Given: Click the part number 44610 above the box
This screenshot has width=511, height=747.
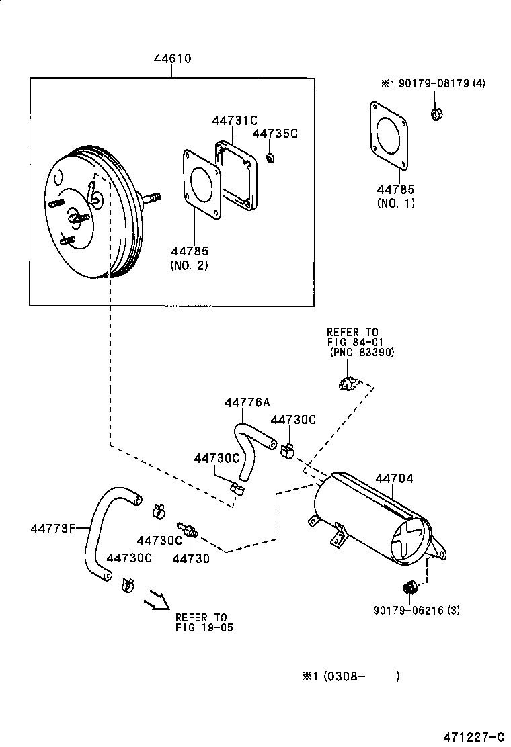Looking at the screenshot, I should [173, 59].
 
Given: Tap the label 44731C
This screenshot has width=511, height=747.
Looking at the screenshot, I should [235, 120].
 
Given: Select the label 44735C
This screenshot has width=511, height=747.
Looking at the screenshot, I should [274, 134].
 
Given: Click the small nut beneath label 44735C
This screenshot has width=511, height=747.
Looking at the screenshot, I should [270, 159].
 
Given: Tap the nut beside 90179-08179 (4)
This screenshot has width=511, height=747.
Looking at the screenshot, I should [435, 114].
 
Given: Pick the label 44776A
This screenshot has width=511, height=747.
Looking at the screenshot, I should [247, 402].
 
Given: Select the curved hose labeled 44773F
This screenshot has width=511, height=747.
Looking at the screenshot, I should [101, 531].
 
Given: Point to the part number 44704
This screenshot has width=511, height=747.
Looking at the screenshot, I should [394, 479].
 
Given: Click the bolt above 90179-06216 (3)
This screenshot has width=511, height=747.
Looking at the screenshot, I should [408, 588].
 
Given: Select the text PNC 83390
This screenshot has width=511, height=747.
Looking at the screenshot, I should [362, 352].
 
